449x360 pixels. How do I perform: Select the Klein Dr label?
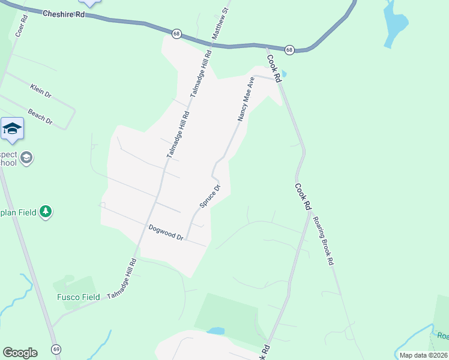point(41,91)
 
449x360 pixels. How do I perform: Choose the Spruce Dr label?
point(210,196)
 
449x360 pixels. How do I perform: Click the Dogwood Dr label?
point(166,233)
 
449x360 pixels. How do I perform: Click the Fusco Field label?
point(78,297)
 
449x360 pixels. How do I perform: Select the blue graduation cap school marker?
point(13,128)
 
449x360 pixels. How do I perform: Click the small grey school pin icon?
point(26,158)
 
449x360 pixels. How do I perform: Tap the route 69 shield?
point(56,349)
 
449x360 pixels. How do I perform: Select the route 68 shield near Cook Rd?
point(289,50)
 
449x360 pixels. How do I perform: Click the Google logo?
point(20,353)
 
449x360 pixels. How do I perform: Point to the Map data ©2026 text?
point(423,355)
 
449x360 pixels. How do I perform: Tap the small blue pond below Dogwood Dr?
point(215,331)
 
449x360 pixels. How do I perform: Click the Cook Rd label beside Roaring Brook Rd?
point(303,196)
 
